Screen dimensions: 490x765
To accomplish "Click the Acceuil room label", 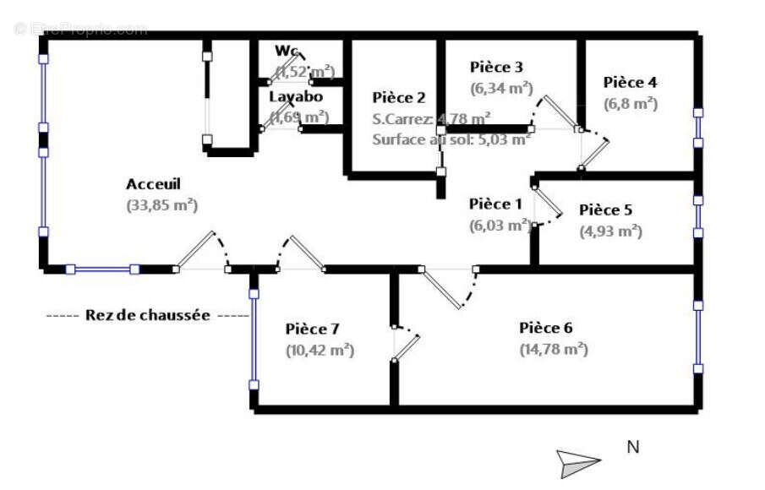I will tap(154, 183).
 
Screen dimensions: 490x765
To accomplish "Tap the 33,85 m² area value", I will tap(161, 204).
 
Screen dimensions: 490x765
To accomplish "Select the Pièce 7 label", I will tap(312, 329).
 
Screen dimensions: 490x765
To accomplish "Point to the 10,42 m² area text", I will tap(320, 349).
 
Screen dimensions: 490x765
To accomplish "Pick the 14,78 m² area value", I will tap(554, 348).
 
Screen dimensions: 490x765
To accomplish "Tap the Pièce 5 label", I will tap(605, 210).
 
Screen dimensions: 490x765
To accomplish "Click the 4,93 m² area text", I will tap(610, 231).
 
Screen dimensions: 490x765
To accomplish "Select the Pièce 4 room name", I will tap(630, 83).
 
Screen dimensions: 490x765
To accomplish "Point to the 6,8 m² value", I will tap(631, 104).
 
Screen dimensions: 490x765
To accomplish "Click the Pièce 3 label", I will tap(496, 67).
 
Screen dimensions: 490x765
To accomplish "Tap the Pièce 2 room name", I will tap(399, 98).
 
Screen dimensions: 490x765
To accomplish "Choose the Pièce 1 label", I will tap(495, 204).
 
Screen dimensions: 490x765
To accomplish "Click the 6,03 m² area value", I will tap(500, 225).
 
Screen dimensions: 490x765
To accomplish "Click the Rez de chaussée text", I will tap(148, 315).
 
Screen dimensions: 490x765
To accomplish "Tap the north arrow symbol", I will tap(577, 461).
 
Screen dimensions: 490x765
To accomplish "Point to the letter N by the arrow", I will tap(632, 448).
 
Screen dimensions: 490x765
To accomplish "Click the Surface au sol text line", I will tap(451, 139).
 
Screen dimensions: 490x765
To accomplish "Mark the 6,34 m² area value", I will tap(501, 86).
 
